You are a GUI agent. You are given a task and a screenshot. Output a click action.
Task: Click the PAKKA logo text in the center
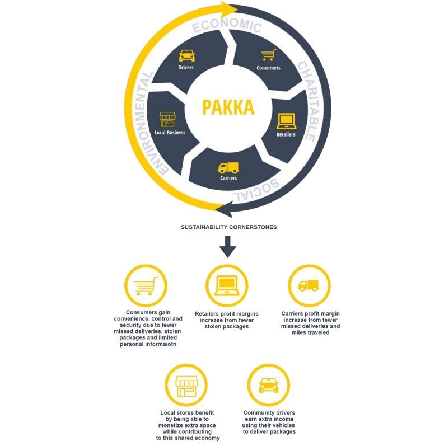tap(228, 107)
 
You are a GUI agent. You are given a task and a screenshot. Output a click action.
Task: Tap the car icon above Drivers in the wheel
tap(186, 56)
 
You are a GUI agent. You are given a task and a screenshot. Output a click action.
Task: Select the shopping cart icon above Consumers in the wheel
tap(268, 55)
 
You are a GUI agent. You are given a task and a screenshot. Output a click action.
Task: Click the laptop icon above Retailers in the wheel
tap(286, 121)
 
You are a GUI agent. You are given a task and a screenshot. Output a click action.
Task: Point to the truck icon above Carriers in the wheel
tap(228, 167)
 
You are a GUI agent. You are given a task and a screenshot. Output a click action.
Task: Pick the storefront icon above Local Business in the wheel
tap(167, 119)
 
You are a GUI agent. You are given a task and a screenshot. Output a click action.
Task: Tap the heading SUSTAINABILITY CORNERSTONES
tap(228, 228)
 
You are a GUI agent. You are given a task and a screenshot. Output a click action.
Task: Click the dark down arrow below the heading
tap(228, 246)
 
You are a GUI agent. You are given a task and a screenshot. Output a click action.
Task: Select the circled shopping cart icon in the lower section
tap(145, 285)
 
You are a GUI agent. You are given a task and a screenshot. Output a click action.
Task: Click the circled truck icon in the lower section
tap(309, 285)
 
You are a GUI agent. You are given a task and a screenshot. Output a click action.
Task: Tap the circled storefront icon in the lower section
tap(186, 386)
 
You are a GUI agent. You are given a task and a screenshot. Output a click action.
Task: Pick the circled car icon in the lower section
tap(268, 386)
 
